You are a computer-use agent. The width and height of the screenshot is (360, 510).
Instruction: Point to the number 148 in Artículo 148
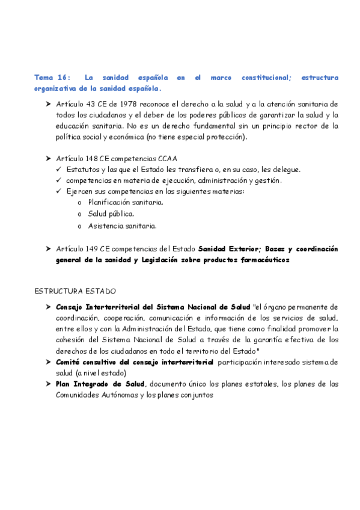(88, 158)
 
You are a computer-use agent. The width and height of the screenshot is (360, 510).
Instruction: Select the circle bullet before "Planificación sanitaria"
(80, 203)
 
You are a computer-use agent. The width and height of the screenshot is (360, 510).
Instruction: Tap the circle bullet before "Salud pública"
(80, 214)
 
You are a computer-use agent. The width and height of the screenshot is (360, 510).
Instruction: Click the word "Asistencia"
(105, 226)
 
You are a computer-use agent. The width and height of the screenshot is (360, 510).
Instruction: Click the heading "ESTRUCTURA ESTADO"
(75, 291)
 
